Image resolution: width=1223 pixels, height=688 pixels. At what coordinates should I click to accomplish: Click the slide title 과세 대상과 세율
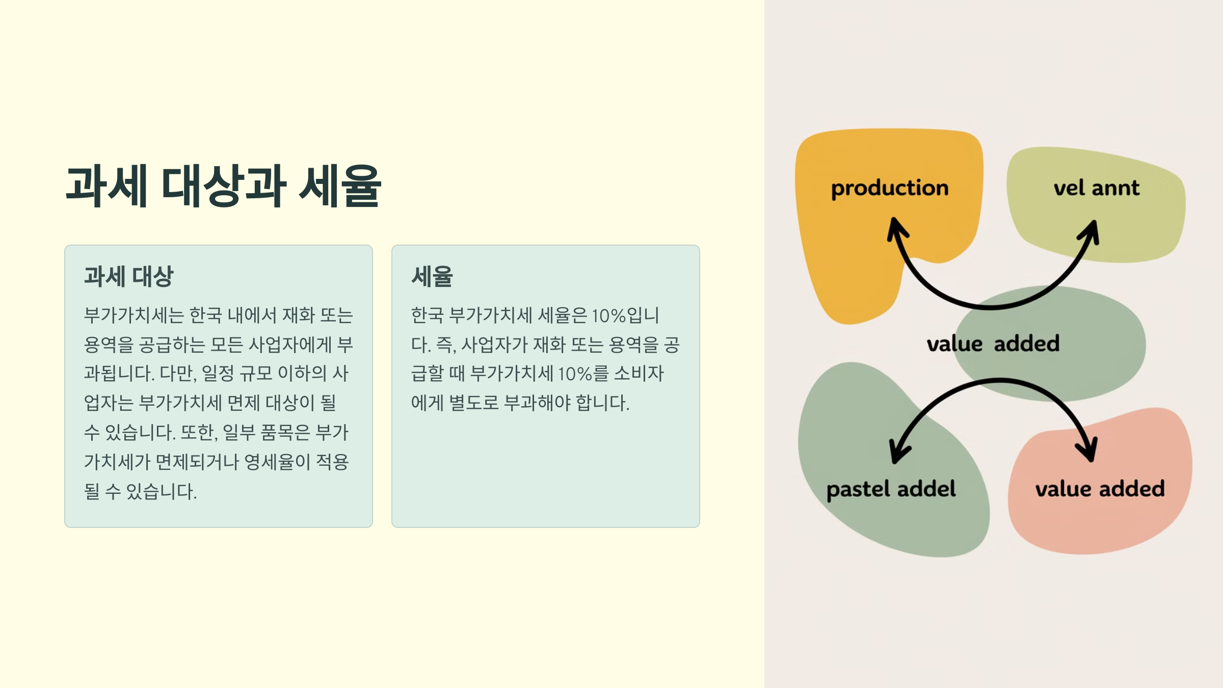[223, 186]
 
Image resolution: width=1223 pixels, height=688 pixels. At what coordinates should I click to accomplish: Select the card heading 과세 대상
[128, 277]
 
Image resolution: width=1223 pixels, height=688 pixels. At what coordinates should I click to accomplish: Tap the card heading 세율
[432, 277]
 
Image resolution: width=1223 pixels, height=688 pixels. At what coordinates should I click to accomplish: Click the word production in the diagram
[890, 188]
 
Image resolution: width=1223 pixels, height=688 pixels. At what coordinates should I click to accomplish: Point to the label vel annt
[1096, 188]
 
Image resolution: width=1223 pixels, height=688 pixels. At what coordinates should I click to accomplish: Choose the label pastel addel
[891, 489]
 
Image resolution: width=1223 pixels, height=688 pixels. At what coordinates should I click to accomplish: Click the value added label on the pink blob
[1100, 489]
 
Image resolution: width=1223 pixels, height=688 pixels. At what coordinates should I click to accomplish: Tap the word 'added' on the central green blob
[1026, 343]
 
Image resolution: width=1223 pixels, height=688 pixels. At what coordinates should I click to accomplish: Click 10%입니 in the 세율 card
[625, 315]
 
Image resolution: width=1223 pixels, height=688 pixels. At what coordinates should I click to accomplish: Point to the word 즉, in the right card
[446, 345]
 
